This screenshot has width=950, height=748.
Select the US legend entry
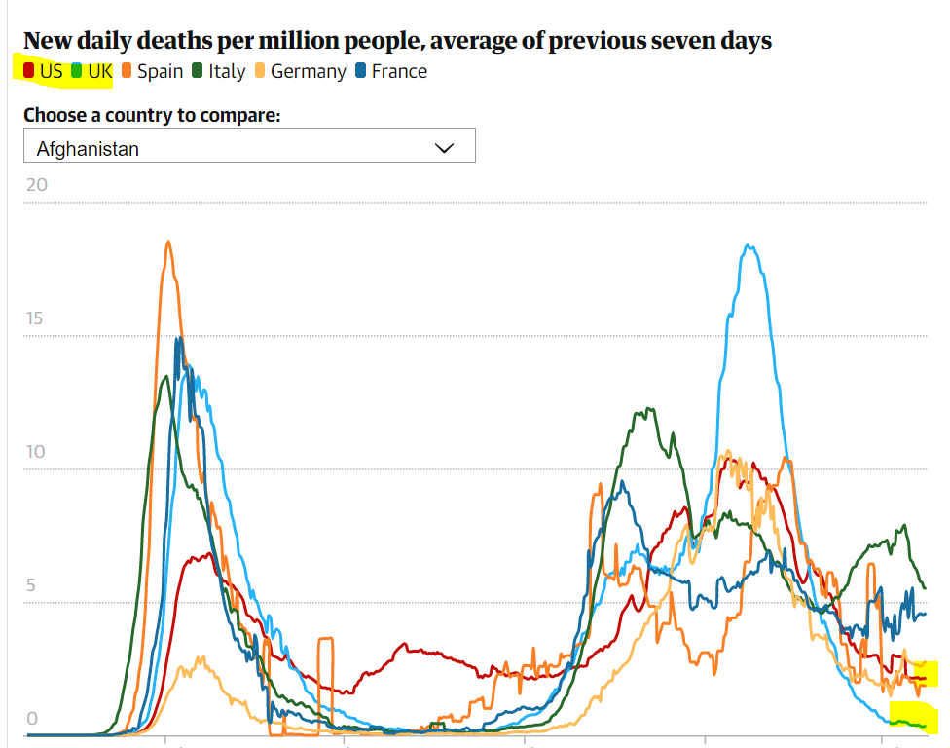[x=51, y=71]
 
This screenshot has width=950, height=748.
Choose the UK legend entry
[x=100, y=71]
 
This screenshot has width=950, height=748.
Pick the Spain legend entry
[x=160, y=71]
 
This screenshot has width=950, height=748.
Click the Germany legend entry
[x=308, y=71]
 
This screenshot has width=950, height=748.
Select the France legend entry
[x=399, y=71]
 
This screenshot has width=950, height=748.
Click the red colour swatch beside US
[x=29, y=71]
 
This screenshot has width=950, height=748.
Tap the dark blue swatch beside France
[x=361, y=71]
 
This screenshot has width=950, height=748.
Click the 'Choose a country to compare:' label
[x=152, y=115]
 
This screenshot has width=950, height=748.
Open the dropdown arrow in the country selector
[x=444, y=148]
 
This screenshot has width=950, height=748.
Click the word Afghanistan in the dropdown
[x=88, y=149]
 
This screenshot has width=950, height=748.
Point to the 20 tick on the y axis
[x=36, y=186]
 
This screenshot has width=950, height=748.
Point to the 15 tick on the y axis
[x=36, y=319]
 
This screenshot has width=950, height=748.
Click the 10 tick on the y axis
[x=36, y=453]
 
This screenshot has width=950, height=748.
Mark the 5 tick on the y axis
[x=31, y=586]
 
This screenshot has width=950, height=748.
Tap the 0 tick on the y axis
[x=31, y=719]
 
